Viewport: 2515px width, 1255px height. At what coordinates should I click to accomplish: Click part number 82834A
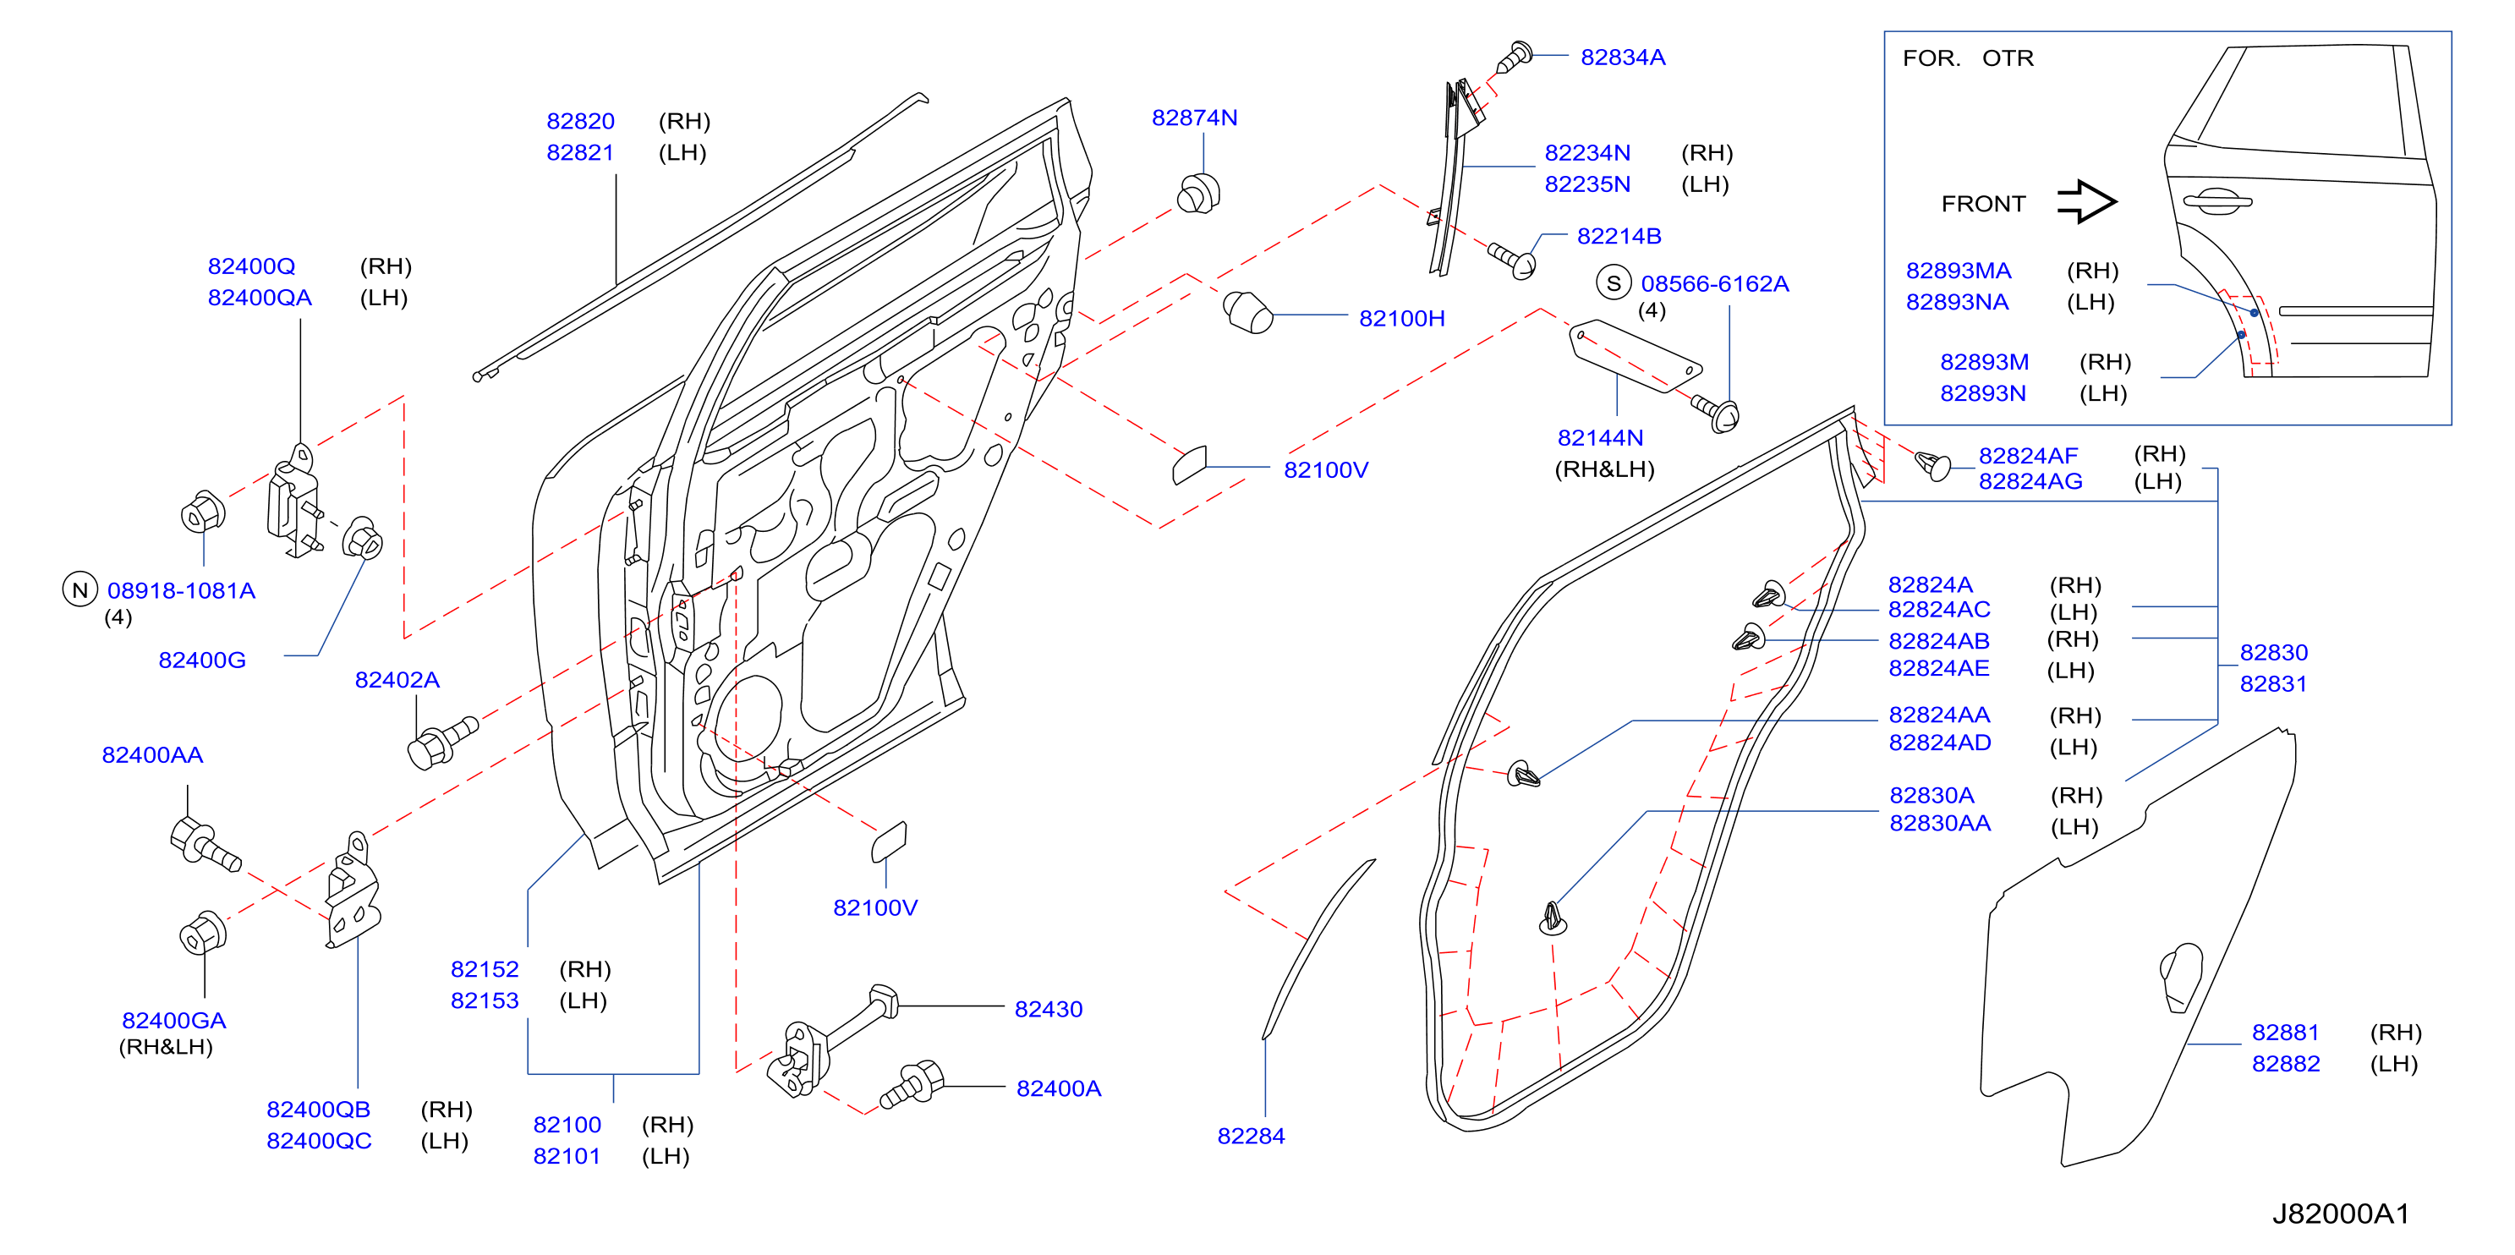coord(1623,58)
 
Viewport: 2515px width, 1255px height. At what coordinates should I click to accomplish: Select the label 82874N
coord(1194,118)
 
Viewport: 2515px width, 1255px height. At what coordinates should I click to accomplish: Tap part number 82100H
coord(1401,318)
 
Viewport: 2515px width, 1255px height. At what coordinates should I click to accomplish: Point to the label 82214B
coord(1619,236)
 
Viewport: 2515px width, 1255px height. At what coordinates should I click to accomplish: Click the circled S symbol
coord(1613,283)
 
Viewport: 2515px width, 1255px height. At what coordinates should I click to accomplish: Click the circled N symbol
coord(80,590)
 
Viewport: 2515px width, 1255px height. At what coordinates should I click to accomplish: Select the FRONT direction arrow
coord(2086,202)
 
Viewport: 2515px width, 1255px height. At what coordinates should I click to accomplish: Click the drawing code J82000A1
coord(2340,1214)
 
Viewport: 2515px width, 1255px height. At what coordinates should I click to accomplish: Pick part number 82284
coord(1251,1136)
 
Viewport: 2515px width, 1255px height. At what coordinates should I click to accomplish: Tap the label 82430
coord(1049,1009)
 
